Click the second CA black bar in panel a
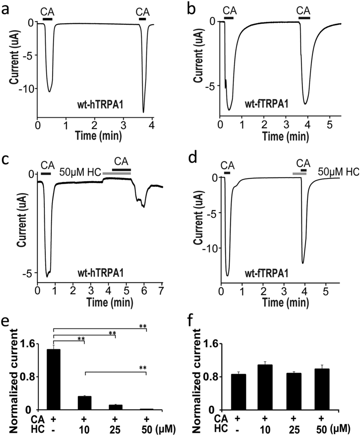[x=142, y=19]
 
